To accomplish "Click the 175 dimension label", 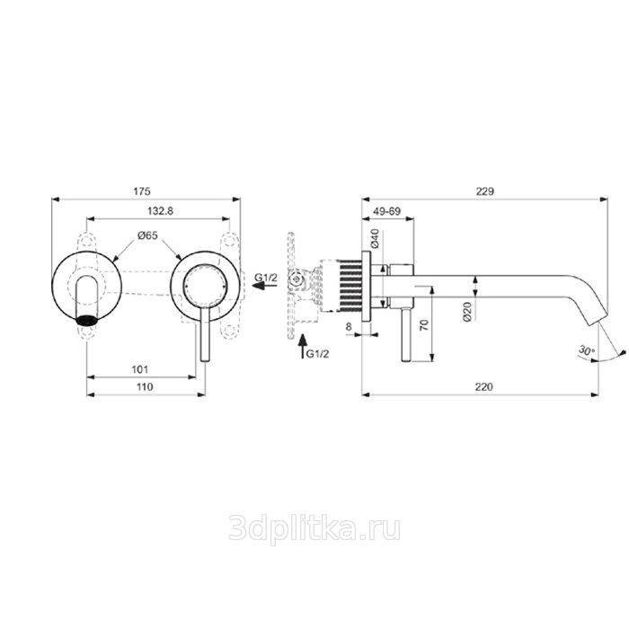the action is (142, 191).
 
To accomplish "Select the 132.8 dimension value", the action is (161, 211).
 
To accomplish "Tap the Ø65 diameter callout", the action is (148, 235).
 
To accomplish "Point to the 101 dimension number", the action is (140, 369).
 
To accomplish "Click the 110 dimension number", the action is (145, 386).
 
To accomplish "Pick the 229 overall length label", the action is (485, 191).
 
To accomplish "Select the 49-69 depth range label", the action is (387, 211).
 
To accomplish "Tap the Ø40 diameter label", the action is (375, 238).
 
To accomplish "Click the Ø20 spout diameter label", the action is (467, 312).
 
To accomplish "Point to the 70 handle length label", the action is (424, 324).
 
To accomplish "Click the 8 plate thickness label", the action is (349, 327).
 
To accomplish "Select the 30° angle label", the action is (587, 350).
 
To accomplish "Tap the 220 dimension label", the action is (484, 386).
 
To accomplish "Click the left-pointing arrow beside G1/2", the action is (264, 286).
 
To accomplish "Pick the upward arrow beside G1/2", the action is (304, 346).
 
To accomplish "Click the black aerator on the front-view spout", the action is (86, 320).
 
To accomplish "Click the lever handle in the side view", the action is (406, 334).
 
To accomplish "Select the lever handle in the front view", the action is (205, 334).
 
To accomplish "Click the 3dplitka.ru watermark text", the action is (314, 529).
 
